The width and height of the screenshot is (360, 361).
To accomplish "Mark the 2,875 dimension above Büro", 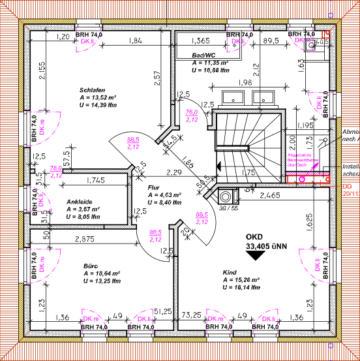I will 84,240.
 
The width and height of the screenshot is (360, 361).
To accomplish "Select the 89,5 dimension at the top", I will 270,40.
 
